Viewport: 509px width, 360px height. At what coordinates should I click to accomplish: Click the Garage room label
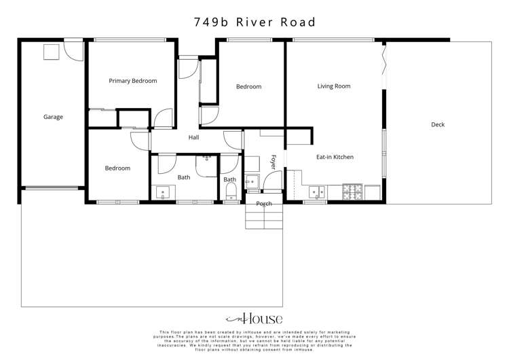pyautogui.click(x=53, y=117)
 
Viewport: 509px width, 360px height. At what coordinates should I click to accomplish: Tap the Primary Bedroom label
pyautogui.click(x=133, y=81)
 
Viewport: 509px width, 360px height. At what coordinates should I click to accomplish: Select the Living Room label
pyautogui.click(x=334, y=86)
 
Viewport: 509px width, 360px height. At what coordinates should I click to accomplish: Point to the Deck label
pyautogui.click(x=438, y=124)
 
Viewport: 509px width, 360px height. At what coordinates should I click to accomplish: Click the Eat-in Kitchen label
pyautogui.click(x=335, y=157)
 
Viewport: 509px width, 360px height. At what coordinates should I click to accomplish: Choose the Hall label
pyautogui.click(x=194, y=137)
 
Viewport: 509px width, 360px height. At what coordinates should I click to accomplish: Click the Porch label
pyautogui.click(x=264, y=204)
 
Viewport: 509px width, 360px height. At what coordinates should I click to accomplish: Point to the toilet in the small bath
pyautogui.click(x=231, y=190)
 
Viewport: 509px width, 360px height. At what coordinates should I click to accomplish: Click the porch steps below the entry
pyautogui.click(x=264, y=219)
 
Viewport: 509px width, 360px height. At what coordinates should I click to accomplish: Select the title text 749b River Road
pyautogui.click(x=254, y=22)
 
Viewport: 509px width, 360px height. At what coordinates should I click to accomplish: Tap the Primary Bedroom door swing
pyautogui.click(x=163, y=120)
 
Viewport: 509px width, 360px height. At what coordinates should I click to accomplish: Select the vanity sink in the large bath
pyautogui.click(x=163, y=192)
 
